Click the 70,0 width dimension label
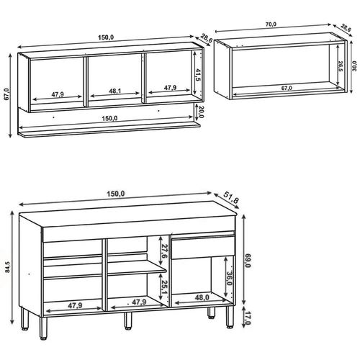coord(271,24)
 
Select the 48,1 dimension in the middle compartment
coord(114,91)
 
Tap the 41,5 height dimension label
coord(198,75)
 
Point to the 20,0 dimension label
coord(202,112)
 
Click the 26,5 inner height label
coord(341,67)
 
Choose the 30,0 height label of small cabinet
coord(354,66)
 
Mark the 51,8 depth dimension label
coord(231,197)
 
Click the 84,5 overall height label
coord(8,266)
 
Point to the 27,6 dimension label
coord(164,251)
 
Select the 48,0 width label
coord(202,297)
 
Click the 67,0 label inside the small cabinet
coord(287,88)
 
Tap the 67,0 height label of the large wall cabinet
coord(6,94)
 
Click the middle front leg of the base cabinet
coord(127,320)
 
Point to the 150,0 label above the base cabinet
coord(116,194)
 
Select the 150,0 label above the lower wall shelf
coord(109,119)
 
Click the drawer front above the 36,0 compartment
coord(203,246)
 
